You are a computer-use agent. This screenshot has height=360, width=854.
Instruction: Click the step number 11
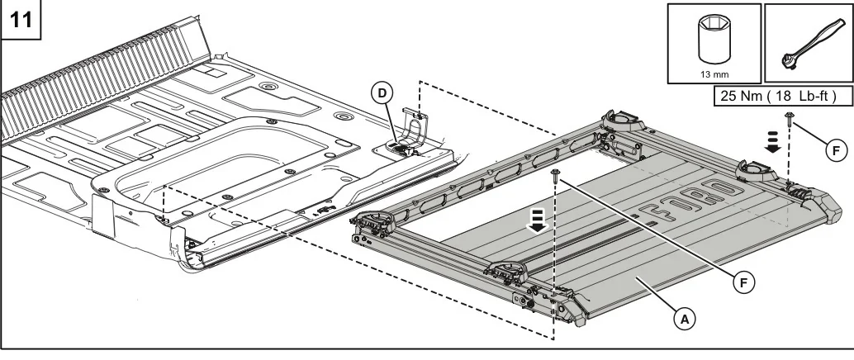[x=21, y=20]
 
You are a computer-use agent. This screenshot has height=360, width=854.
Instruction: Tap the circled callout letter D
[x=382, y=93]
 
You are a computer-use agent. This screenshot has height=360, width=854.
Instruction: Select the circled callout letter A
[x=685, y=319]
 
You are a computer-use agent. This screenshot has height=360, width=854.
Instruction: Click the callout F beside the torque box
[x=837, y=149]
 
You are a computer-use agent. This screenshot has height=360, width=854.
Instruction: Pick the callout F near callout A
[x=744, y=282]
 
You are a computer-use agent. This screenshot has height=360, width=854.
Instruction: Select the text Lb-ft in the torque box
[x=816, y=96]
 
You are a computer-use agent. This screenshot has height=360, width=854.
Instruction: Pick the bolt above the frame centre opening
[x=556, y=175]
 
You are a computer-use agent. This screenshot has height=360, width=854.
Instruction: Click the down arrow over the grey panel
[x=538, y=220]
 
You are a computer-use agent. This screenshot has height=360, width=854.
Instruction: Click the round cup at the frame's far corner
[x=623, y=118]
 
